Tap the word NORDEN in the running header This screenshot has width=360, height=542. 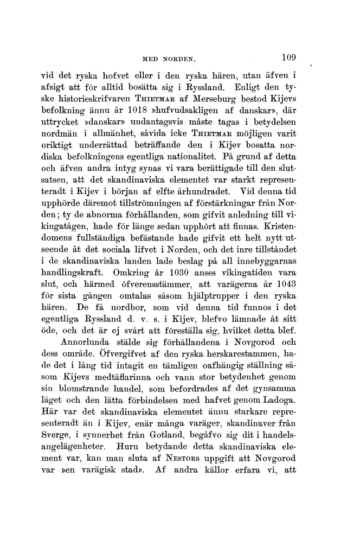(x=185, y=55)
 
